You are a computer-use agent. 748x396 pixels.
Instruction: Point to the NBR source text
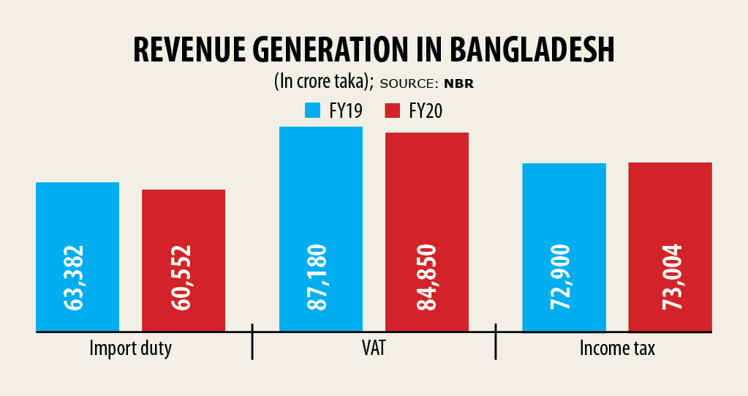click(x=459, y=83)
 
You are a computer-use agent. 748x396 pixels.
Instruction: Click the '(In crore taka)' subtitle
click(x=322, y=82)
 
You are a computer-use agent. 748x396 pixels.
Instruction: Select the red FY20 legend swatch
click(x=393, y=111)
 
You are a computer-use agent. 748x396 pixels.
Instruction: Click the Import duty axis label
click(x=130, y=348)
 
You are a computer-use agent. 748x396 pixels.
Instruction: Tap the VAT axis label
click(x=373, y=348)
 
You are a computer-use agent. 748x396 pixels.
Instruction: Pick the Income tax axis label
click(x=617, y=348)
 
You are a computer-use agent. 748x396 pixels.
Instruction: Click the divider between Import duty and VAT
click(x=252, y=342)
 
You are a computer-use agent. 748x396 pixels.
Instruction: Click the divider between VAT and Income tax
click(x=496, y=342)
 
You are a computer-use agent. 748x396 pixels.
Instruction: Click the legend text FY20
click(x=426, y=111)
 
